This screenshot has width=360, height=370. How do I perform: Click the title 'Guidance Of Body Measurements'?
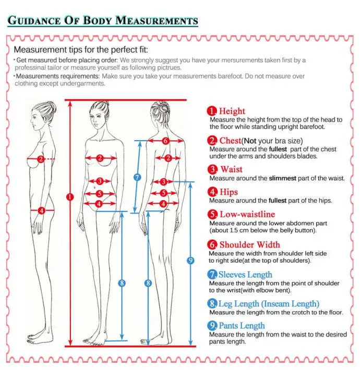click(x=103, y=21)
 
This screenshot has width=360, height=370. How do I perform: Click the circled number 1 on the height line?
click(x=70, y=196)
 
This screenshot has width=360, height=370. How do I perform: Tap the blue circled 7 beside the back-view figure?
click(x=137, y=177)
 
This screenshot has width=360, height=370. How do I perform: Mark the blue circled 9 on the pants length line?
click(x=190, y=260)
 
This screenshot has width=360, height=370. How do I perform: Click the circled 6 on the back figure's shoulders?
click(x=165, y=141)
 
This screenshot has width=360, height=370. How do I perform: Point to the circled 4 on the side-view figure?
click(x=42, y=211)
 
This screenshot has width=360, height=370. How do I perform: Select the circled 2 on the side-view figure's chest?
click(x=40, y=158)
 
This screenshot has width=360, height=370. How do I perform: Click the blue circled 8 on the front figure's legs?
click(x=122, y=283)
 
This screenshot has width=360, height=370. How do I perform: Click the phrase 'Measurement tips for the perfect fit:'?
click(x=81, y=50)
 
